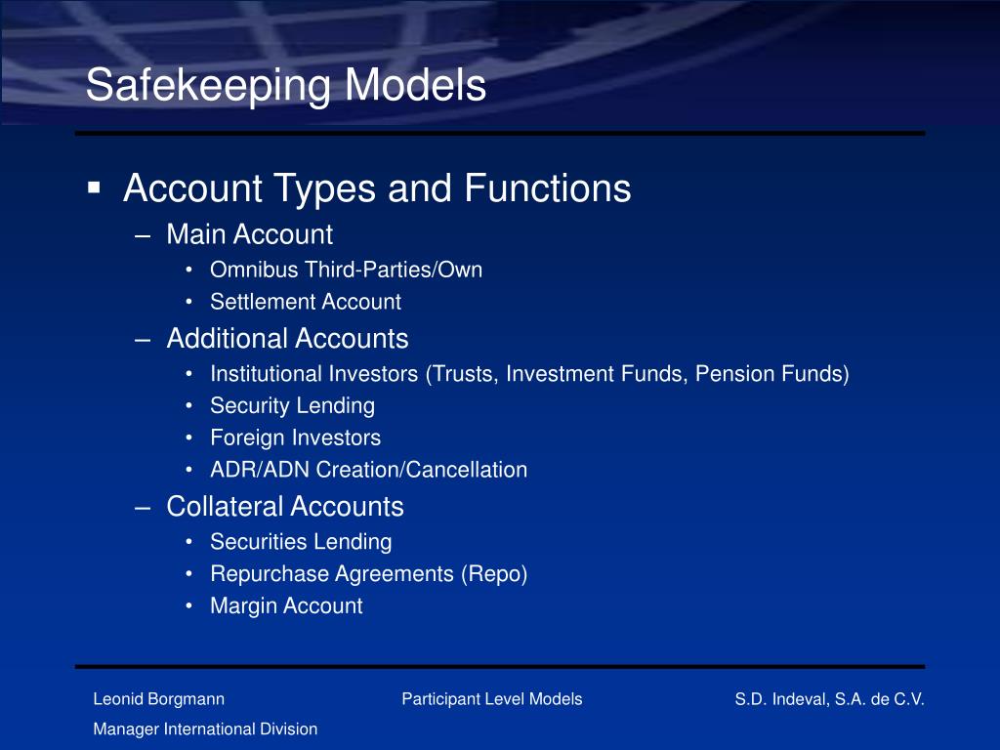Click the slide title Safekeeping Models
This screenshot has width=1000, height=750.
click(x=285, y=86)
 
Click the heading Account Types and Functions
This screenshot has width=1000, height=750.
click(x=377, y=188)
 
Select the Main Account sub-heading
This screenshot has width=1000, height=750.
click(x=249, y=235)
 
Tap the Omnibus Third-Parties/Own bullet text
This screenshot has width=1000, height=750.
click(x=346, y=270)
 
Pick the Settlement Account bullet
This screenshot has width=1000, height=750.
click(x=305, y=303)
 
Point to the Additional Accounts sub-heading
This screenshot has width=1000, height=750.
click(x=287, y=339)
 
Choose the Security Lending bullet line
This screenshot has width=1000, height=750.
click(x=292, y=405)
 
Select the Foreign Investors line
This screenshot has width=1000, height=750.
click(x=295, y=437)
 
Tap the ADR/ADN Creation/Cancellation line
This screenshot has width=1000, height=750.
click(x=368, y=470)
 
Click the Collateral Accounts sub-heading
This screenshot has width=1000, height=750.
click(x=284, y=507)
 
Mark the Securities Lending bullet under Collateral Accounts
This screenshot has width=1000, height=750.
click(x=301, y=542)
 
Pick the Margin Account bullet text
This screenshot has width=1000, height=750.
click(x=286, y=606)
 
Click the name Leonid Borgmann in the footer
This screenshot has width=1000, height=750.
click(x=158, y=699)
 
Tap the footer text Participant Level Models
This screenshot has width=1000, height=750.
click(x=491, y=699)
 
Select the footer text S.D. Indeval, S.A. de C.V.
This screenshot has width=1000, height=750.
click(x=829, y=699)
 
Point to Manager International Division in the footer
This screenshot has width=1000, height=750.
click(x=205, y=729)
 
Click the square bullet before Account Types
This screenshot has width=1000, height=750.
click(x=95, y=187)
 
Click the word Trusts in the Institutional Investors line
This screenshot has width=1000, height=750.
click(x=465, y=374)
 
